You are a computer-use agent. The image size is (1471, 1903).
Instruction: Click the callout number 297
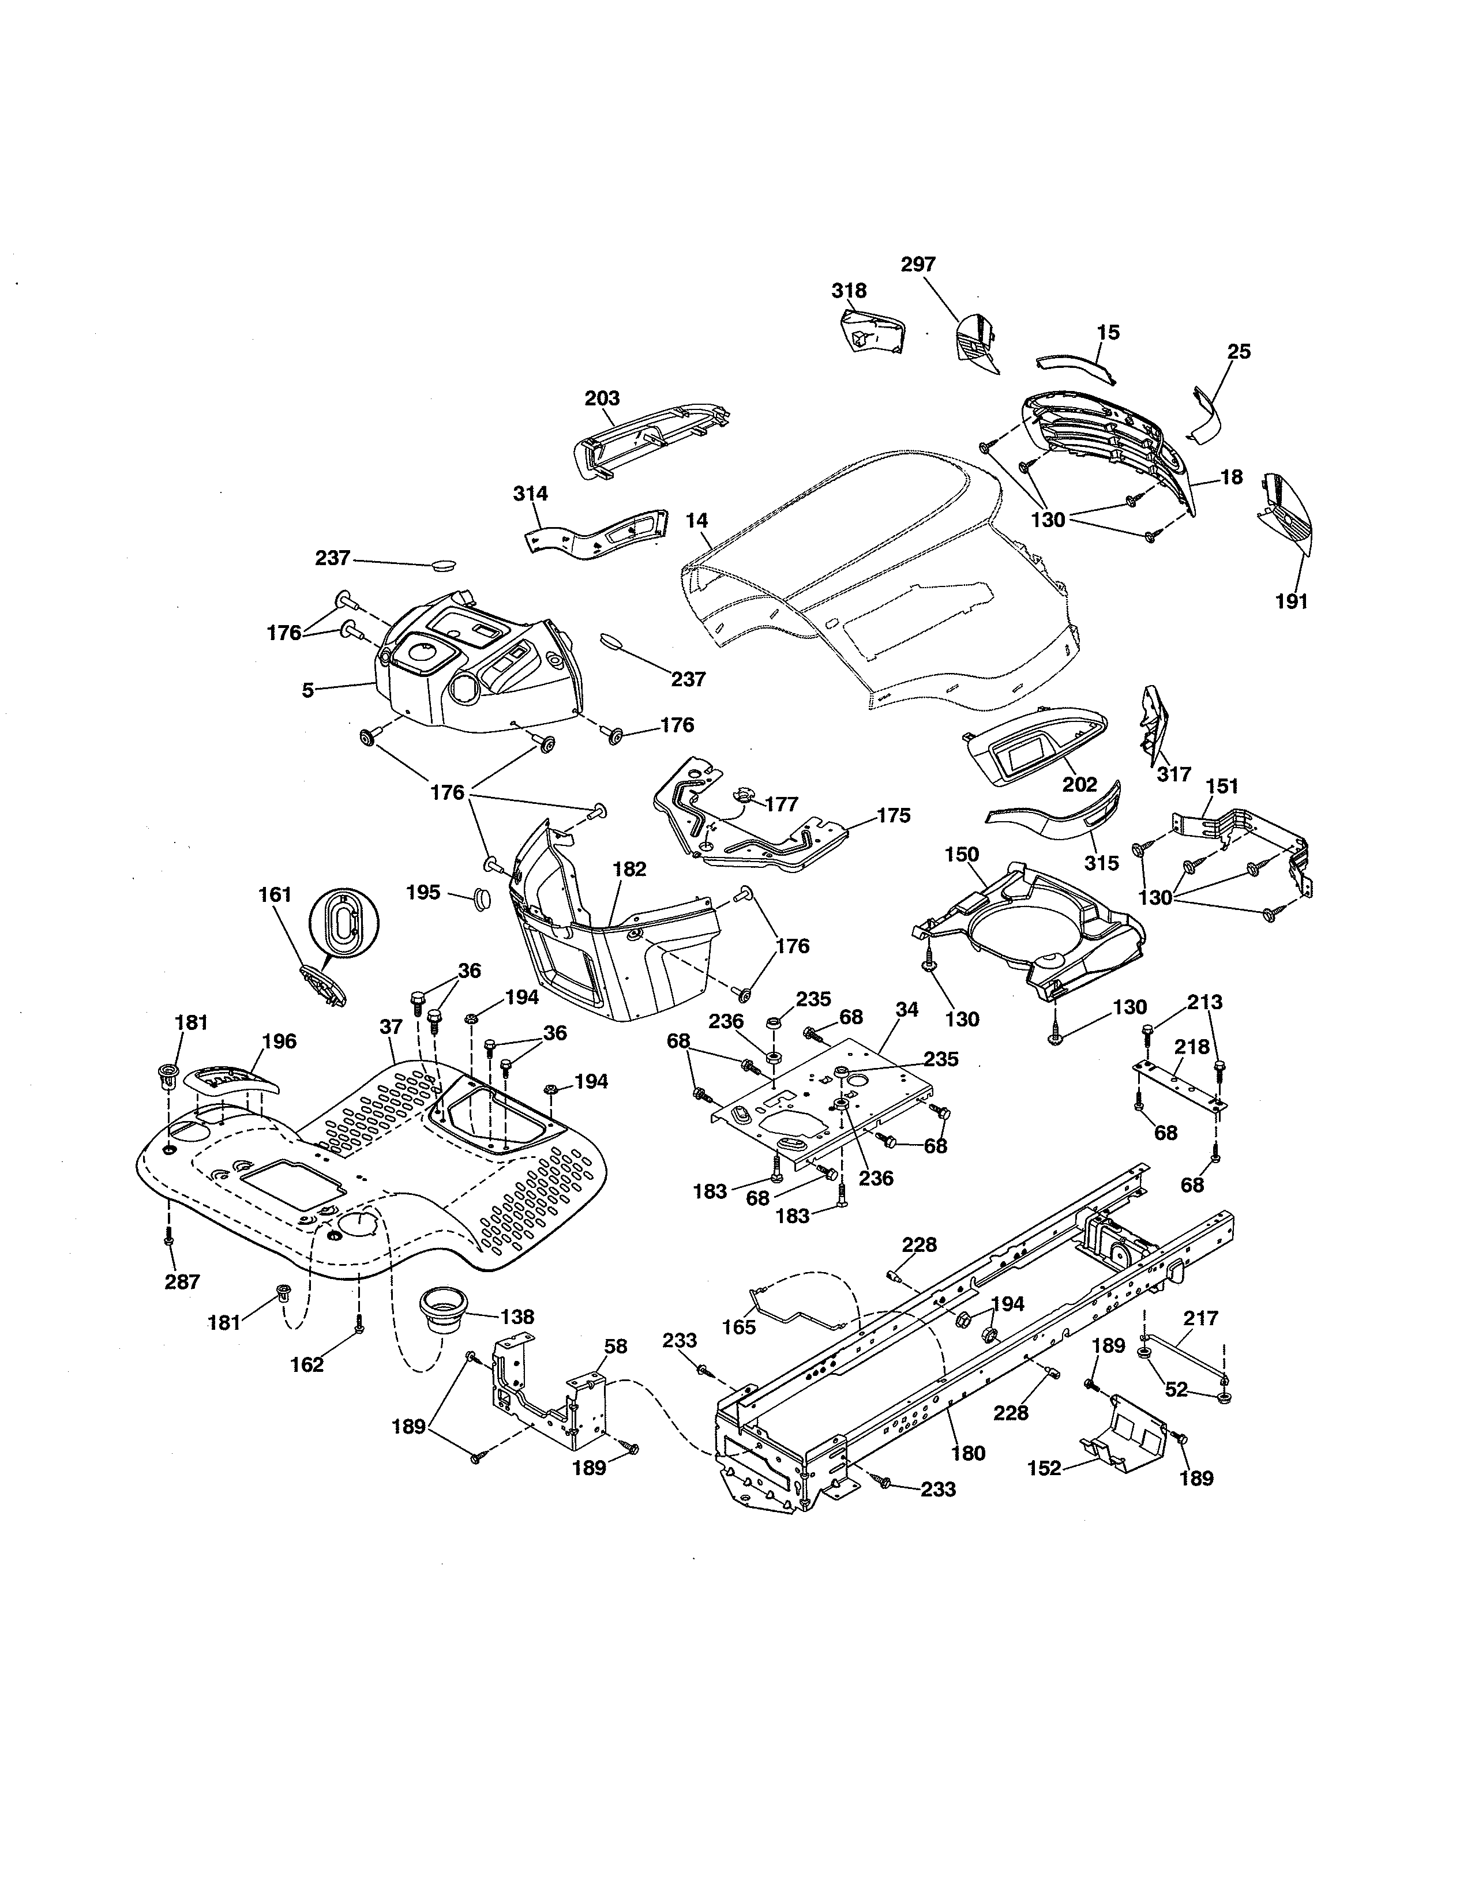tap(918, 265)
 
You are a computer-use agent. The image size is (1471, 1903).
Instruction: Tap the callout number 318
tap(848, 291)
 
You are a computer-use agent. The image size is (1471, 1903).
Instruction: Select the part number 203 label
tap(601, 398)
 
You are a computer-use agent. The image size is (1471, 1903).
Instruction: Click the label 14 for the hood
tap(696, 522)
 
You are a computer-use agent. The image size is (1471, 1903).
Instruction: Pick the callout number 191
tap(1292, 601)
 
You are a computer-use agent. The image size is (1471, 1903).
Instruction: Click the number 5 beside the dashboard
tap(307, 690)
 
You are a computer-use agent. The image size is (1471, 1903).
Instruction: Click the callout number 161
tap(275, 895)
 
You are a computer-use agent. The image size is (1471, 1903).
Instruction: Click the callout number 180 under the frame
tap(968, 1453)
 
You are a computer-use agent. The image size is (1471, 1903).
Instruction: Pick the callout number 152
tap(1044, 1468)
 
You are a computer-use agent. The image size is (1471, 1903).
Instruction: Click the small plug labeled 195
tap(481, 898)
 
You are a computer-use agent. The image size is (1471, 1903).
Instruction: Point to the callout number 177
tap(781, 803)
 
